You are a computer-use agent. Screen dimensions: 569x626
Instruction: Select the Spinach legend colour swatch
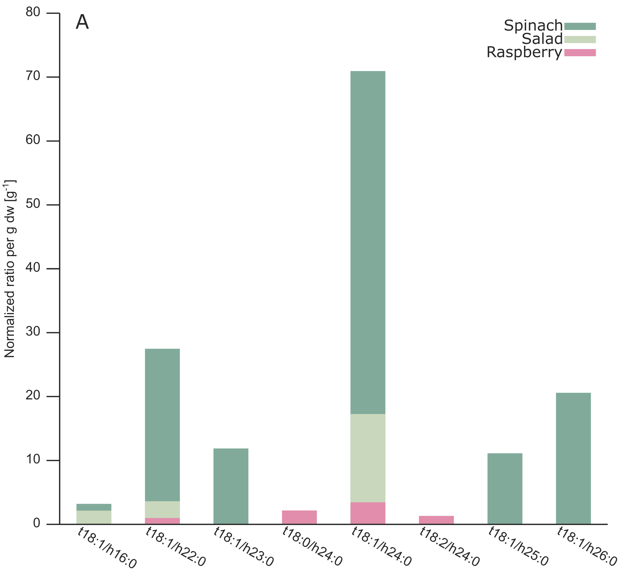pyautogui.click(x=580, y=26)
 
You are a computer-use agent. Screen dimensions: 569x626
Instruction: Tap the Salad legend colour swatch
pyautogui.click(x=580, y=39)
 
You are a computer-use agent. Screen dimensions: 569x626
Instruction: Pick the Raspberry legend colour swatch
pyautogui.click(x=580, y=52)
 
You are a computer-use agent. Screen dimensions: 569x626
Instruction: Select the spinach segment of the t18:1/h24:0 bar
pyautogui.click(x=368, y=242)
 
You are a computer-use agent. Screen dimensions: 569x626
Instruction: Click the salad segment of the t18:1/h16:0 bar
pyautogui.click(x=94, y=517)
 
